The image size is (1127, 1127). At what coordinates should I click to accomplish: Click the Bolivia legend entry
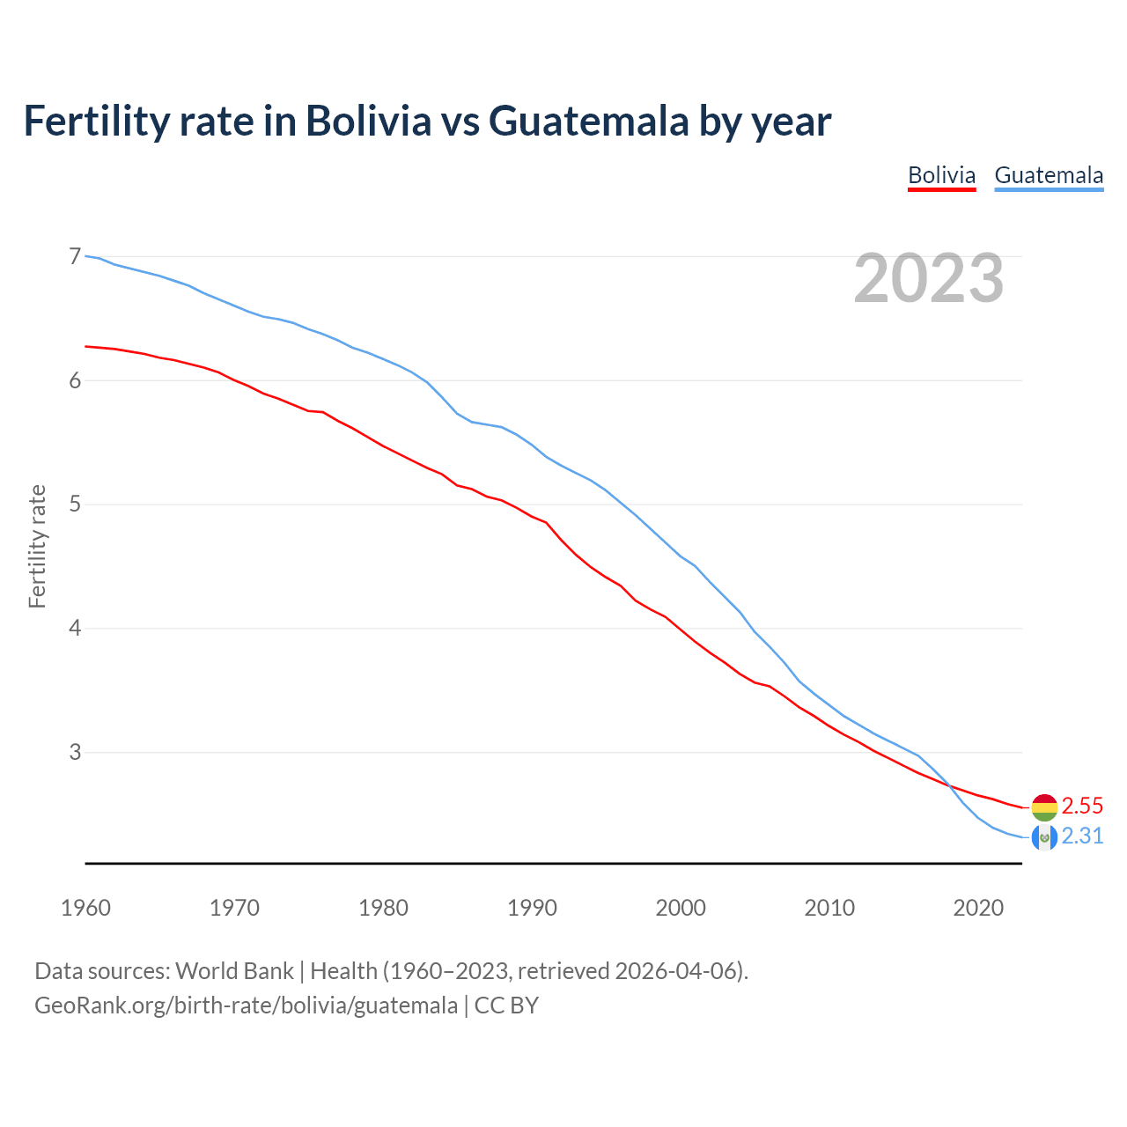(x=941, y=175)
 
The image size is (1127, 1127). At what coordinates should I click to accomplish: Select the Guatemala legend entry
(x=1049, y=175)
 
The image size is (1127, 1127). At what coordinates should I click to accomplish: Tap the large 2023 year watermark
(x=929, y=278)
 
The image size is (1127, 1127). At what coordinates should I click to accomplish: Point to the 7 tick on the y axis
(x=75, y=256)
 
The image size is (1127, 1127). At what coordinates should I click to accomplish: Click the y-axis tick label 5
(x=75, y=505)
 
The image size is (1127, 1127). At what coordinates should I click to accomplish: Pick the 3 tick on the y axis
(x=75, y=752)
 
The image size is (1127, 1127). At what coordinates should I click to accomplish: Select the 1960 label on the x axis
(x=85, y=908)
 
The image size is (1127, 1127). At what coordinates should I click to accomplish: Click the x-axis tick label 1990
(x=532, y=908)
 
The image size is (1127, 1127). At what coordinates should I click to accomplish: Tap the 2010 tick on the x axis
(x=829, y=908)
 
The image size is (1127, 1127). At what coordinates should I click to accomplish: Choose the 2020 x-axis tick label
(x=978, y=908)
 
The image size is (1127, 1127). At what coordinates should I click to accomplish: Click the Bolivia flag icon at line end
(x=1044, y=807)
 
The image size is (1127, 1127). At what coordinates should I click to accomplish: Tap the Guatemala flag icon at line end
(x=1044, y=836)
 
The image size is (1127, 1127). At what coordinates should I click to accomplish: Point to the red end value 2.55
(x=1082, y=807)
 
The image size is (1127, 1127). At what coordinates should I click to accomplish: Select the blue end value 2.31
(x=1082, y=836)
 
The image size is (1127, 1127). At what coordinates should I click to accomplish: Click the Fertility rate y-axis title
(x=37, y=546)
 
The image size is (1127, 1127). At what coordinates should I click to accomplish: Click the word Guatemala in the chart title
(x=588, y=122)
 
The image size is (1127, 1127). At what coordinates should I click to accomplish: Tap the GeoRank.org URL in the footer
(x=246, y=1005)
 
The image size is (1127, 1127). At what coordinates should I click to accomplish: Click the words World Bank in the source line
(x=234, y=971)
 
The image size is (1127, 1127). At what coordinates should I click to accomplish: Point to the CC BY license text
(x=506, y=1005)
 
